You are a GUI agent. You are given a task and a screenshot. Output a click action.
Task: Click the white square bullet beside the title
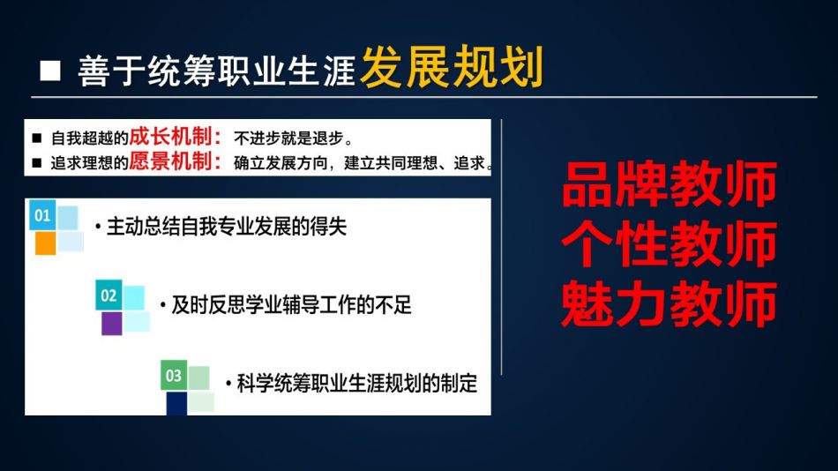point(50,71)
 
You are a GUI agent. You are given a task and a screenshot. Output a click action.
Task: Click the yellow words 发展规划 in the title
point(452,67)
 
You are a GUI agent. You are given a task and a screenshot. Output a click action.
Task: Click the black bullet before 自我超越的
point(36,138)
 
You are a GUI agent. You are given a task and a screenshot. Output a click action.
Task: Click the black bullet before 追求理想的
point(36,163)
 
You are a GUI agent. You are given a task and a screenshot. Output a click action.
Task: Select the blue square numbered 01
point(42,215)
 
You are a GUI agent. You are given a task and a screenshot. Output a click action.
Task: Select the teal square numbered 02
point(108,295)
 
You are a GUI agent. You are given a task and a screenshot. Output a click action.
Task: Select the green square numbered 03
point(174,376)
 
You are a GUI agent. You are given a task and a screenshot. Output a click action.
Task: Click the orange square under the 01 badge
point(45,243)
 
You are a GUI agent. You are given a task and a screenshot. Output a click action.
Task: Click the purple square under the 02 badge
point(112,324)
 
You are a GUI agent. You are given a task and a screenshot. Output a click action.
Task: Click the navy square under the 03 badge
point(176,403)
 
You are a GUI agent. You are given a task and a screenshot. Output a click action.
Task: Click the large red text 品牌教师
point(670,184)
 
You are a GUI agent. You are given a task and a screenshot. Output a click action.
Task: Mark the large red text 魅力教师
point(670,303)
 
